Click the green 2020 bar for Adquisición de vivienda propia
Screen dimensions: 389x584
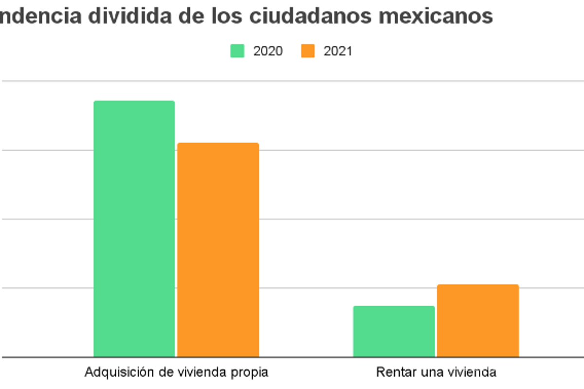tap(134, 229)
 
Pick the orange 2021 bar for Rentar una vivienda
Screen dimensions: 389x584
tap(478, 320)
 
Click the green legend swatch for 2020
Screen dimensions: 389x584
tap(237, 51)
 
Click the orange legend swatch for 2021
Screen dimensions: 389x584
tap(308, 51)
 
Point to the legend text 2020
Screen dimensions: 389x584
tap(268, 51)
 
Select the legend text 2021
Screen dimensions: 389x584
tap(338, 51)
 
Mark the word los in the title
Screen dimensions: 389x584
tap(227, 16)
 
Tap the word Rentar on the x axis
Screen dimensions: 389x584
tap(392, 373)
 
